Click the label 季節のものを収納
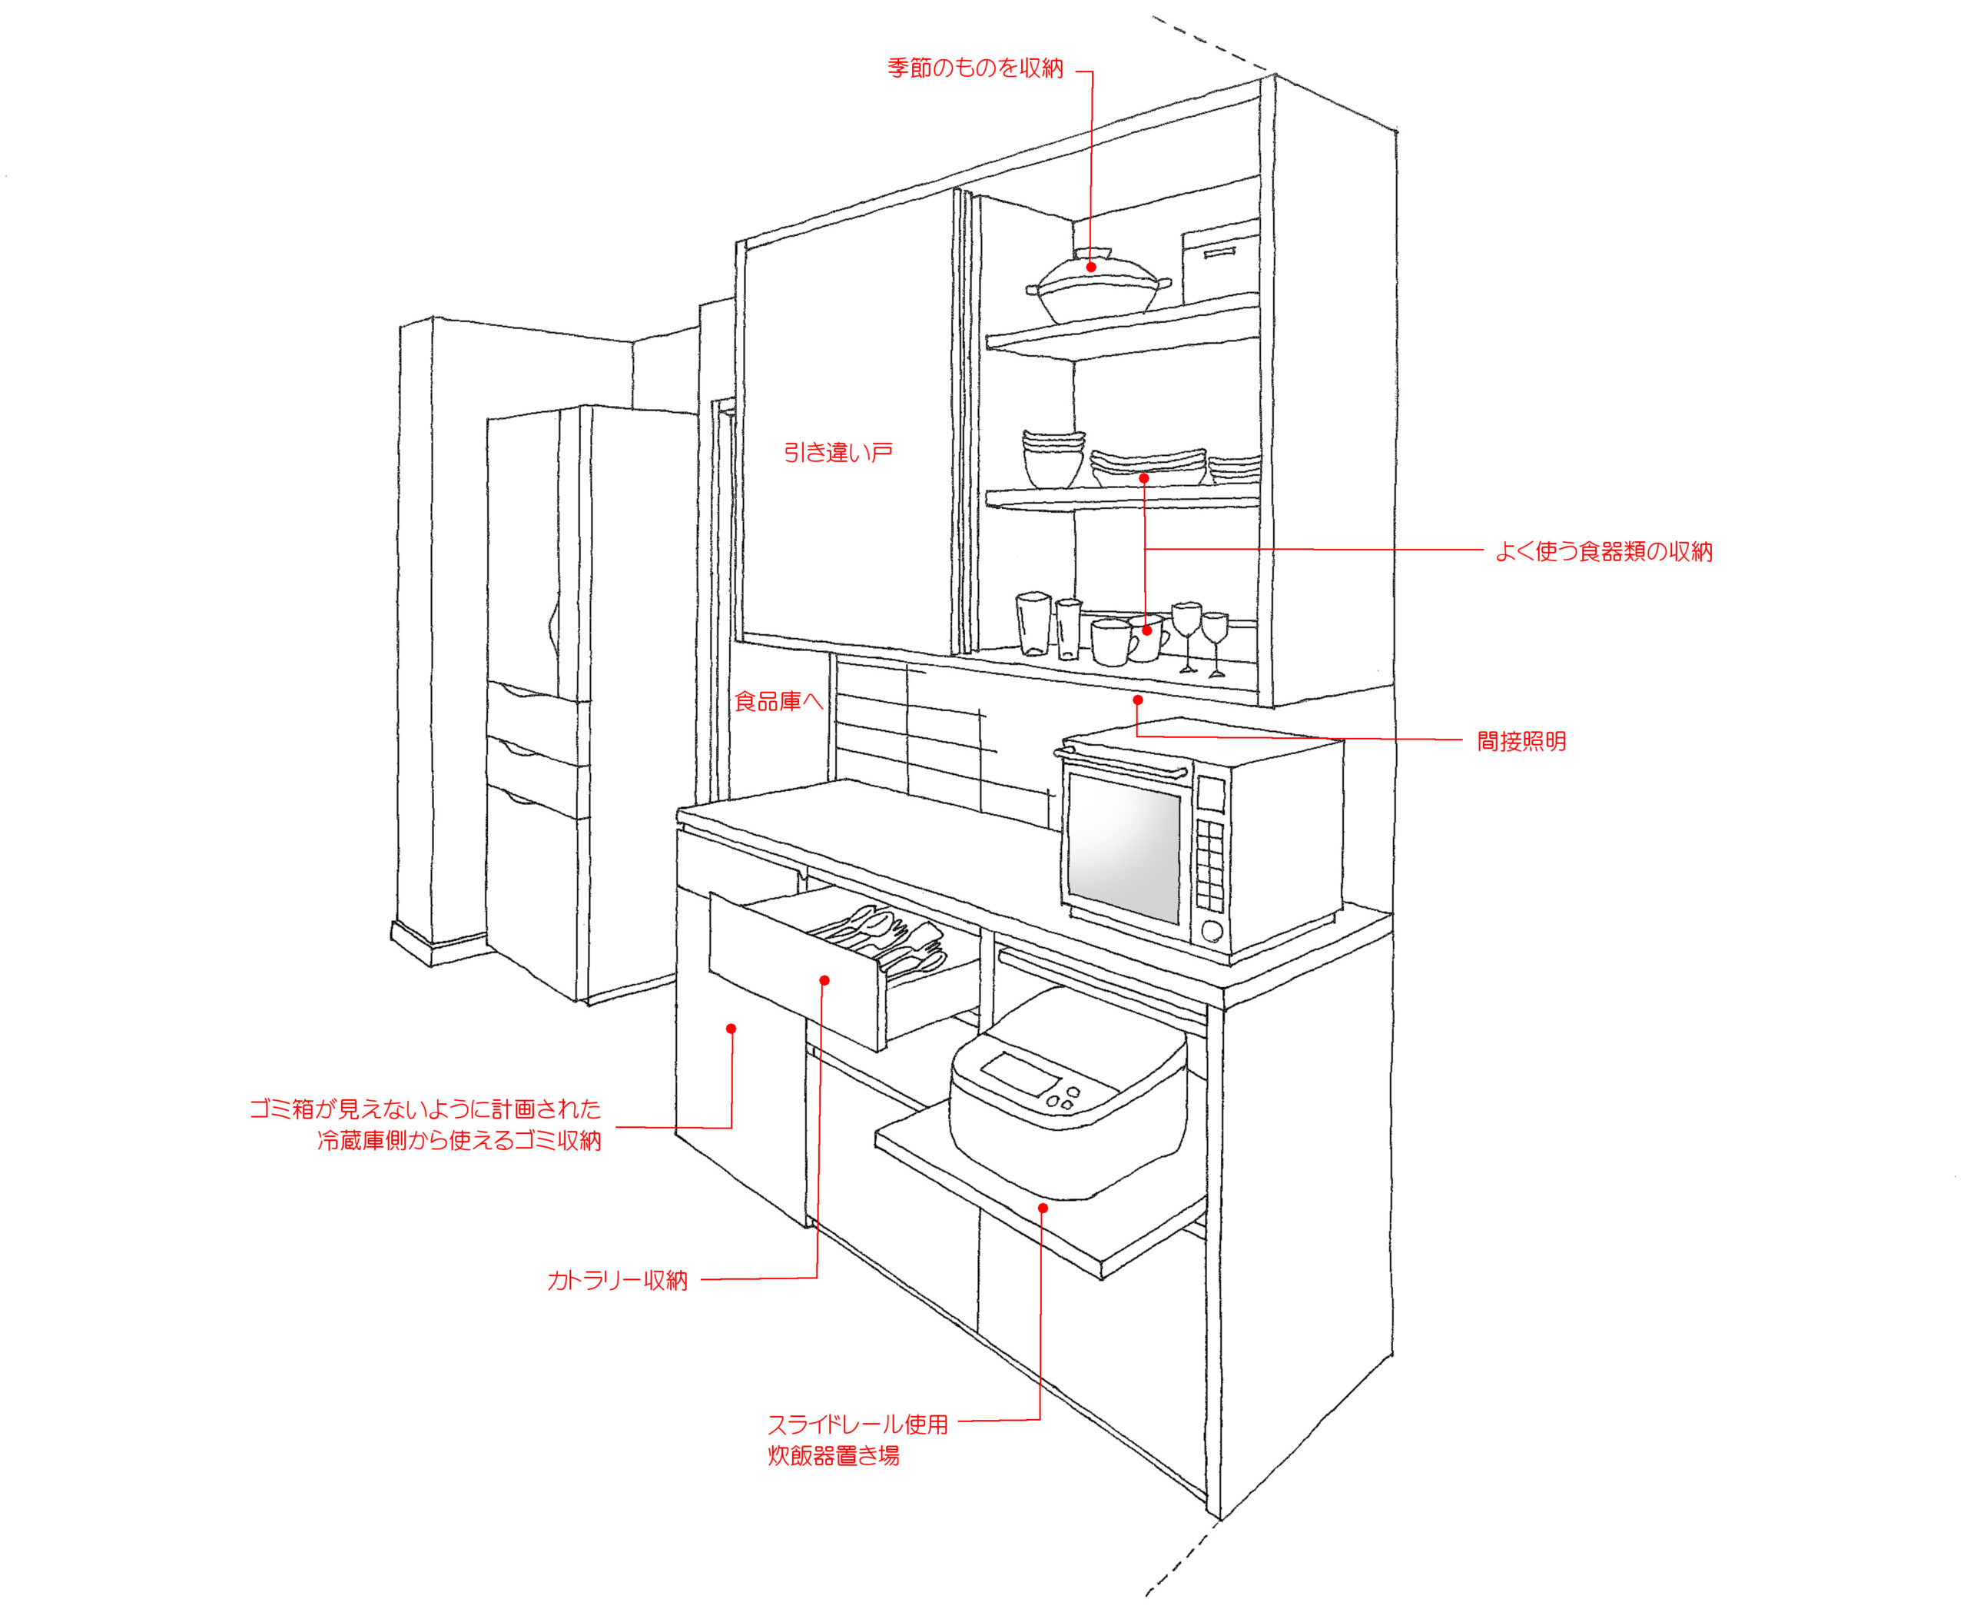(975, 68)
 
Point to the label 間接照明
(1521, 742)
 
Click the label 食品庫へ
(778, 702)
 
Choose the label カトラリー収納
(617, 1281)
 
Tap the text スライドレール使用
(857, 1424)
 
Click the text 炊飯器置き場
(833, 1456)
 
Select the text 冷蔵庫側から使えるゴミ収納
(459, 1141)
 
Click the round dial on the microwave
(1212, 929)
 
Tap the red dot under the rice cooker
(1043, 1208)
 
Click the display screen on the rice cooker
(1017, 1073)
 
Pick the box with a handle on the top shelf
(1219, 261)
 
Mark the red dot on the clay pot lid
(1091, 267)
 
